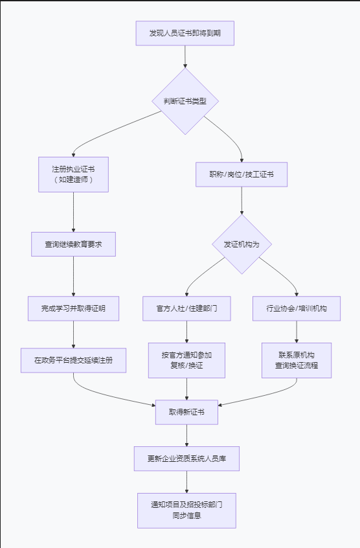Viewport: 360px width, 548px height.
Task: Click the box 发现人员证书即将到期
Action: coord(185,33)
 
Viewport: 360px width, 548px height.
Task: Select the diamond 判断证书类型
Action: coord(185,101)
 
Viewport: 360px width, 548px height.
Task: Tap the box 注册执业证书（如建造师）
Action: coord(73,174)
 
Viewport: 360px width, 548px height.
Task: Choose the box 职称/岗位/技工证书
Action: coord(242,174)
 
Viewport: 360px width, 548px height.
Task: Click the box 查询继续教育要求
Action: coord(73,244)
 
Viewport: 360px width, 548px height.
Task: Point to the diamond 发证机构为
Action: coord(242,244)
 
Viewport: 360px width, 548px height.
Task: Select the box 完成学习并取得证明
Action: coord(73,308)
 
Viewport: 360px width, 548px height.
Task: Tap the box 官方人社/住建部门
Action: coord(186,308)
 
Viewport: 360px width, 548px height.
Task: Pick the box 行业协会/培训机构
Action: coord(297,308)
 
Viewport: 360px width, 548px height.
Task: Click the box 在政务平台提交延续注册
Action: coord(73,360)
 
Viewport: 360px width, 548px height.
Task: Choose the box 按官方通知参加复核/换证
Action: coord(186,360)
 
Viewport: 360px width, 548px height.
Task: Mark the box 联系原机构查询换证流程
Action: coord(297,360)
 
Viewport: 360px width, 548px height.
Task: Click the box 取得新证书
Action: coord(186,412)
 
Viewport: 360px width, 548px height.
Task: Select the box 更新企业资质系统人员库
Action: coord(186,459)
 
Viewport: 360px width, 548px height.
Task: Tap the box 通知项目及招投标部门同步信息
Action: coord(186,510)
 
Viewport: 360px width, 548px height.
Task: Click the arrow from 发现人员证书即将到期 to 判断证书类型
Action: coord(185,56)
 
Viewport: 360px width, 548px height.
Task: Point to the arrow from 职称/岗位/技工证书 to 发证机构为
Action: coord(242,201)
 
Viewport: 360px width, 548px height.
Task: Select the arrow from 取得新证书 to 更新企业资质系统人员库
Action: coord(186,435)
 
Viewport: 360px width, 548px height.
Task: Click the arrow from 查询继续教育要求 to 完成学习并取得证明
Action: coord(73,277)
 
